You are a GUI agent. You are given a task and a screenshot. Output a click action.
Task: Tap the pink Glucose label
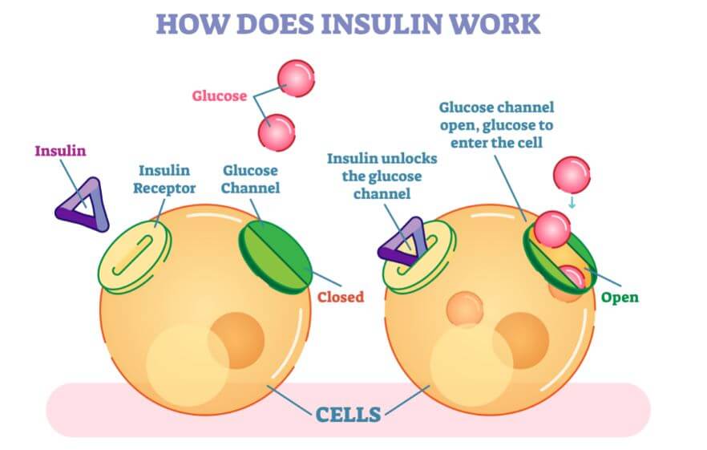219,96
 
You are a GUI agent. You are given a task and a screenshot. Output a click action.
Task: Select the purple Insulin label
59,151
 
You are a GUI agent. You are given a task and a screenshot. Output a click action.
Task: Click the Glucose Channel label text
251,179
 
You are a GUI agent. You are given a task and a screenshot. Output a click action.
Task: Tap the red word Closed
340,297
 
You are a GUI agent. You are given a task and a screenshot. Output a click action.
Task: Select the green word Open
620,298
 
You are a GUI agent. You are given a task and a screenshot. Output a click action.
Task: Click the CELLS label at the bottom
348,415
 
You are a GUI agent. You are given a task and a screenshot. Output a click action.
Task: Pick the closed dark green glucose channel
276,249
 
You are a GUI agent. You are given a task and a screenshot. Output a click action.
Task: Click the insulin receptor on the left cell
134,255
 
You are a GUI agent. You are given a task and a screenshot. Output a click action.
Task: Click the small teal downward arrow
571,201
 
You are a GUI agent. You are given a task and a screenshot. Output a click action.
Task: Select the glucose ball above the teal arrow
571,175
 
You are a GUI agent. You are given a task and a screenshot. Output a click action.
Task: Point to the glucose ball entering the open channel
552,228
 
